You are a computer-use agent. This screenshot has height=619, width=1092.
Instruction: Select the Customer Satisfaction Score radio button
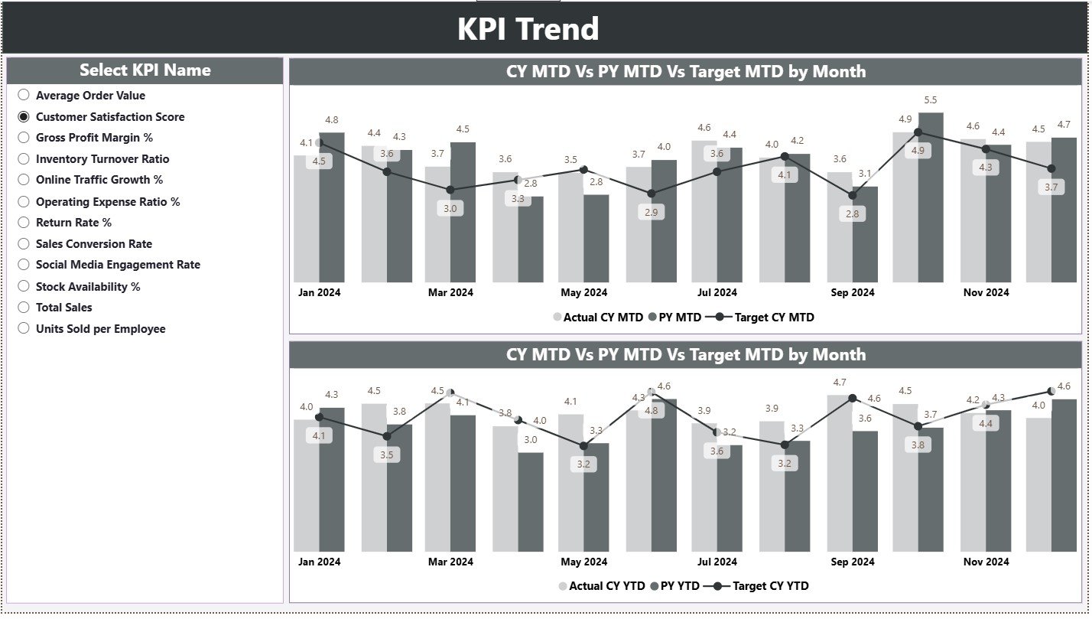pyautogui.click(x=24, y=117)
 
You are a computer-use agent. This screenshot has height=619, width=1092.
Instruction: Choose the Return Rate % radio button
pyautogui.click(x=24, y=223)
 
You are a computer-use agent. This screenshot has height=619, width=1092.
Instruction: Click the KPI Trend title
pyautogui.click(x=528, y=29)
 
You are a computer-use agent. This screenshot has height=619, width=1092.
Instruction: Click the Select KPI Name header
pyautogui.click(x=145, y=70)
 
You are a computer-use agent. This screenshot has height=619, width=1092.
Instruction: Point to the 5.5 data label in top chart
pyautogui.click(x=931, y=100)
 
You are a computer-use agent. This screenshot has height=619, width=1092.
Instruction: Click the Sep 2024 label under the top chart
pyautogui.click(x=852, y=293)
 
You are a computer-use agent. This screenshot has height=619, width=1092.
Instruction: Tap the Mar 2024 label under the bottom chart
pyautogui.click(x=450, y=562)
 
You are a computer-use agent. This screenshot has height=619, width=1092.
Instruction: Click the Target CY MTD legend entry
pyautogui.click(x=773, y=318)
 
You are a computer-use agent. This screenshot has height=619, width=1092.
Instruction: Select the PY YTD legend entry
pyautogui.click(x=679, y=587)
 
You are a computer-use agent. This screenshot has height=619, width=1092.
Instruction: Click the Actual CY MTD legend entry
pyautogui.click(x=603, y=318)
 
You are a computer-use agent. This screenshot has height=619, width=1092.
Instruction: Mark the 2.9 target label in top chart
pyautogui.click(x=651, y=213)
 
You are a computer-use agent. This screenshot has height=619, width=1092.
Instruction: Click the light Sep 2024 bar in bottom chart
pyautogui.click(x=840, y=474)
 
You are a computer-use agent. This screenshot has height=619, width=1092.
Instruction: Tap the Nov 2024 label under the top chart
pyautogui.click(x=986, y=293)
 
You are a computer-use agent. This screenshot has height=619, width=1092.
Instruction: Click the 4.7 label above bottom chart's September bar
pyautogui.click(x=839, y=383)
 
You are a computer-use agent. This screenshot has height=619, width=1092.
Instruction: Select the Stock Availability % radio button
pyautogui.click(x=24, y=287)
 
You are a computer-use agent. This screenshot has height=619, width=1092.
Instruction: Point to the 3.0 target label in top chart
pyautogui.click(x=450, y=208)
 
